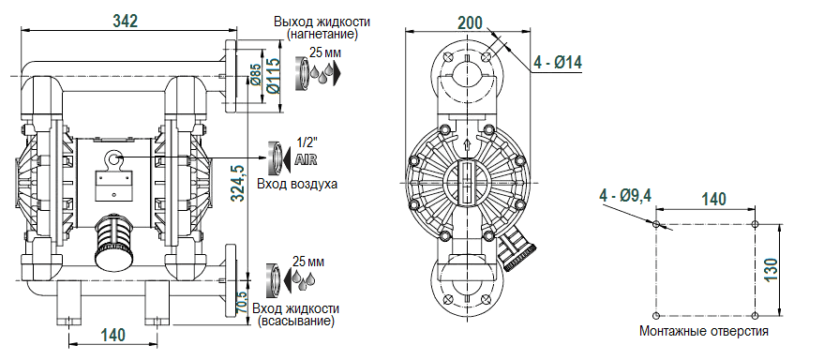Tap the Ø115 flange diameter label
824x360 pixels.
pyautogui.click(x=272, y=75)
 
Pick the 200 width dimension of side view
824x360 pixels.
pyautogui.click(x=472, y=22)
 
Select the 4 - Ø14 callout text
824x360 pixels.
pyautogui.click(x=558, y=63)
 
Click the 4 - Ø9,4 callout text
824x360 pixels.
pyautogui.click(x=625, y=195)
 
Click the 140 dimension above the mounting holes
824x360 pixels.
pyautogui.click(x=714, y=199)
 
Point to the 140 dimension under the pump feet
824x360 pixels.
pyautogui.click(x=112, y=335)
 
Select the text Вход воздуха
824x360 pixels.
pyautogui.click(x=299, y=184)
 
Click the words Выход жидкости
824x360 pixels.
pyautogui.click(x=322, y=21)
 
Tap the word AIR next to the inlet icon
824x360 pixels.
pyautogui.click(x=306, y=160)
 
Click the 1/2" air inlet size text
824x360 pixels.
pyautogui.click(x=306, y=142)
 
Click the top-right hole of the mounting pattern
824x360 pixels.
pyautogui.click(x=756, y=225)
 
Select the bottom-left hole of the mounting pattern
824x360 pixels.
pyautogui.click(x=656, y=313)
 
